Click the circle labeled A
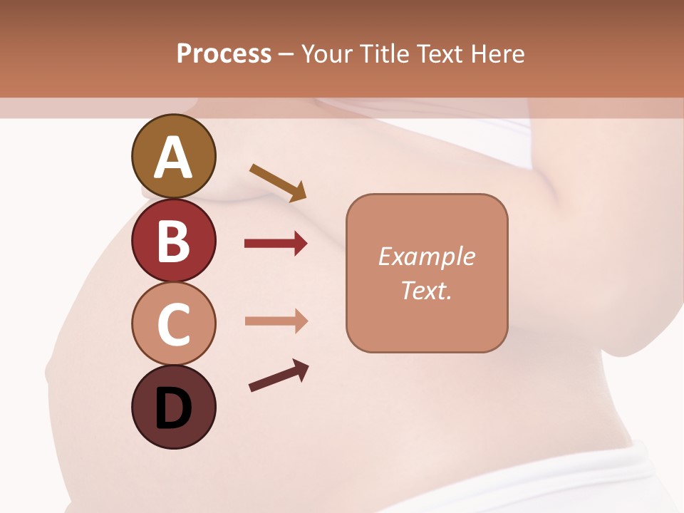pos(173,156)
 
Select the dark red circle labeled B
pos(173,240)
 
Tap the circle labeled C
pos(173,324)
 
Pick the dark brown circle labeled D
pos(173,408)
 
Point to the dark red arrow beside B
pos(276,244)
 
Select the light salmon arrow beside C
pos(276,321)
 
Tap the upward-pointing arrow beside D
pos(279,375)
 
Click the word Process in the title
pos(224,53)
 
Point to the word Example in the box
pos(426,256)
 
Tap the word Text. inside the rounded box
pos(426,290)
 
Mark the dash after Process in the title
pos(286,54)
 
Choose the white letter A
pos(173,157)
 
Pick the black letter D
pos(173,409)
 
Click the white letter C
pos(173,325)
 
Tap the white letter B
pos(173,241)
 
